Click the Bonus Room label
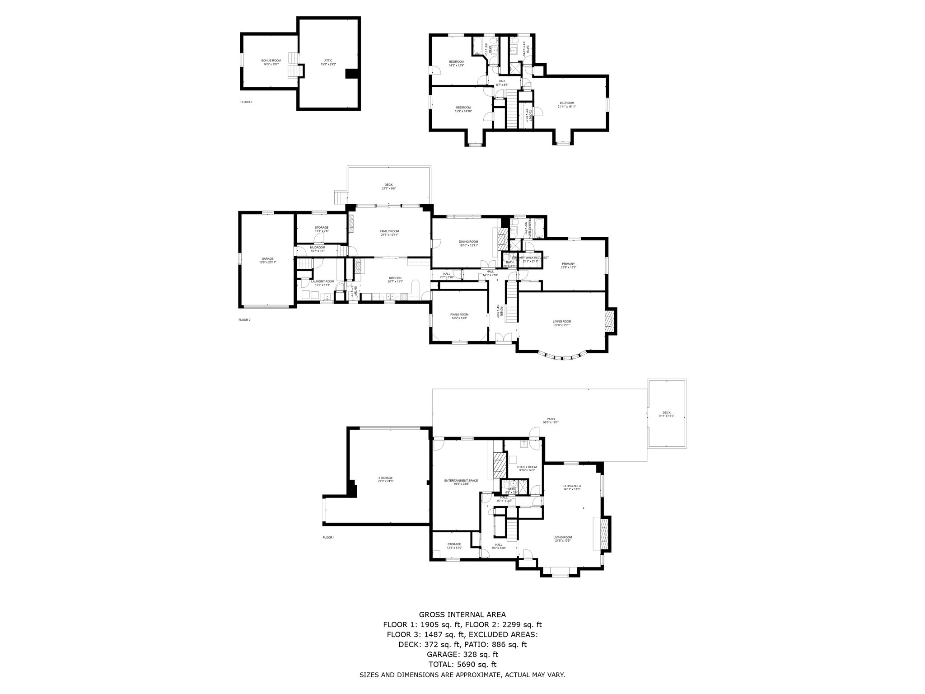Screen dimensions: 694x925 coord(271,61)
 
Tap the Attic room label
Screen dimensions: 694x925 coord(328,61)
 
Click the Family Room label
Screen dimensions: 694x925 coord(389,231)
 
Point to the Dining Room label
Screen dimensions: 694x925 coord(468,242)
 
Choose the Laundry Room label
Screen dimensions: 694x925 coord(322,281)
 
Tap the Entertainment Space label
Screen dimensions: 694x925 coord(461,481)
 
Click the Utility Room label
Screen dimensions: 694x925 coord(527,467)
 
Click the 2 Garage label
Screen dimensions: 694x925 coord(385,478)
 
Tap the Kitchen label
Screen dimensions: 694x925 coord(395,278)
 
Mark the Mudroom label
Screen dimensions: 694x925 coord(317,248)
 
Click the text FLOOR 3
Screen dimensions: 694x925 coord(246,102)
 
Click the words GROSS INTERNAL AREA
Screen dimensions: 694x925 coord(462,614)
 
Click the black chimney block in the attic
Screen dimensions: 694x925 coord(351,74)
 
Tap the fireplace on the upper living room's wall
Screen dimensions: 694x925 coord(609,322)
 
